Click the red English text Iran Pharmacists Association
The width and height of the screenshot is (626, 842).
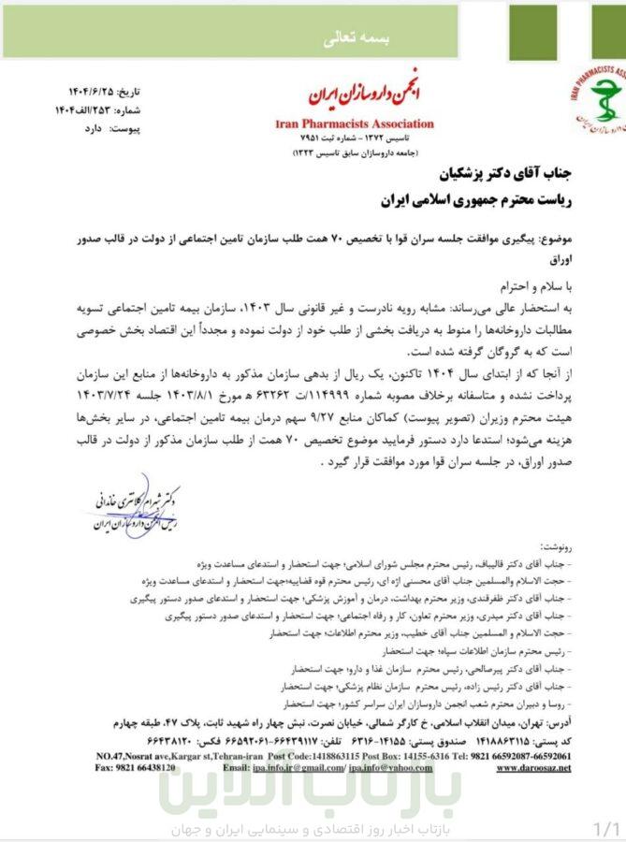coord(356,123)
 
